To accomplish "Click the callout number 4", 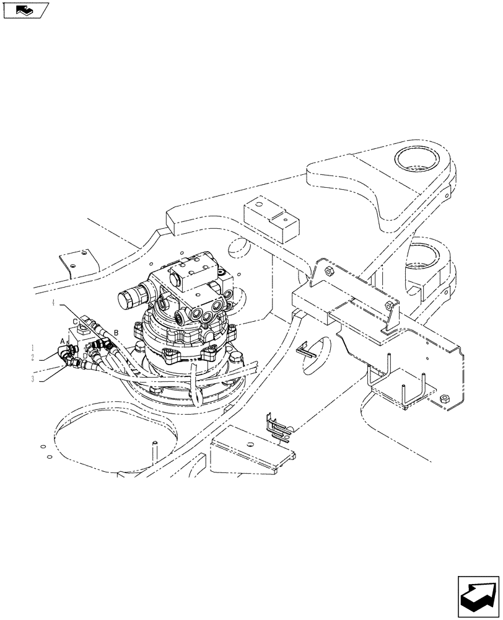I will point(54,303).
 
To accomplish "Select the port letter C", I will point(75,321).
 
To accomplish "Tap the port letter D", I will point(85,355).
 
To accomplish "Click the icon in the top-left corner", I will point(25,10).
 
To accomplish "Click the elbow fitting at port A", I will point(66,355).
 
